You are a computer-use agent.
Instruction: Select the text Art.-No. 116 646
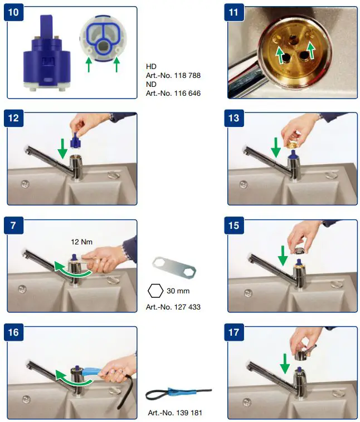pyautogui.click(x=173, y=94)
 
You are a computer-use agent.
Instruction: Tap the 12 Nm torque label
pyautogui.click(x=82, y=242)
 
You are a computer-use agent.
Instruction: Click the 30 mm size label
pyautogui.click(x=178, y=291)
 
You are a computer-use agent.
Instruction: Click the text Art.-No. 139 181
pyautogui.click(x=174, y=413)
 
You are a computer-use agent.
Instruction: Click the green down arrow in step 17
pyautogui.click(x=285, y=364)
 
